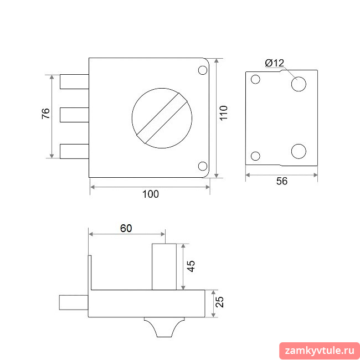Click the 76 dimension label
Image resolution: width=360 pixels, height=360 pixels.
coord(46,113)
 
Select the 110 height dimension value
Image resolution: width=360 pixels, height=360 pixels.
coord(223,113)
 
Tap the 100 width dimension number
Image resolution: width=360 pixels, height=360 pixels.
coord(151,194)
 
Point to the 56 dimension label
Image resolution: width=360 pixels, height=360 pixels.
coord(282,181)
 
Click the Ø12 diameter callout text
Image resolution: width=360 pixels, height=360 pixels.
coord(275,63)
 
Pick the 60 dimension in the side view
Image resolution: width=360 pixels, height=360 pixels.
coord(126,228)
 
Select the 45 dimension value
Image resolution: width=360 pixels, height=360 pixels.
coord(191,266)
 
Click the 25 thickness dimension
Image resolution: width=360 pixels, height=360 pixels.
coord(220,302)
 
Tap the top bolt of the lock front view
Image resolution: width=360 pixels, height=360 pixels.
coord(74,81)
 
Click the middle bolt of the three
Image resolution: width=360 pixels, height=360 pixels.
coord(74,115)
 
